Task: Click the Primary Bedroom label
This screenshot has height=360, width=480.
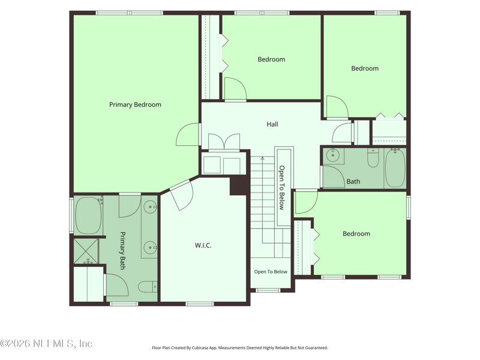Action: click(135, 104)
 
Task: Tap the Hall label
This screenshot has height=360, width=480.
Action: click(272, 124)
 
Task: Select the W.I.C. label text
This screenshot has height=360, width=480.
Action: click(203, 245)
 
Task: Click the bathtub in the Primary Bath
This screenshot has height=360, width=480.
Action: click(88, 215)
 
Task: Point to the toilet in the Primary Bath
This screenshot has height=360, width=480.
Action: click(148, 287)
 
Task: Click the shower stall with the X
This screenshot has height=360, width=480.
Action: click(86, 251)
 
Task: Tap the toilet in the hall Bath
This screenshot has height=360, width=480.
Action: click(373, 158)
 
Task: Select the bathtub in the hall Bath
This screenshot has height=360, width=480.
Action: click(395, 168)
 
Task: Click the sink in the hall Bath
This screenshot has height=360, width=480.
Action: click(332, 155)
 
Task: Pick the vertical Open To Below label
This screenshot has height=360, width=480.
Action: click(281, 188)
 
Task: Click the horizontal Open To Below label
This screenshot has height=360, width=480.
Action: click(271, 272)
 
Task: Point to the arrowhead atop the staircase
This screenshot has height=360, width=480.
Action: click(262, 158)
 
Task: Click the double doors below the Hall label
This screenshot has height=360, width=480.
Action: click(224, 142)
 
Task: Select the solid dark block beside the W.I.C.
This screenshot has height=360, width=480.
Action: click(238, 185)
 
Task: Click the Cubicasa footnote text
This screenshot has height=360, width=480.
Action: click(239, 348)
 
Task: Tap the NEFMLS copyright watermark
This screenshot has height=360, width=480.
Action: click(46, 343)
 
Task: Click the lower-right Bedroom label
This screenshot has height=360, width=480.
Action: click(356, 234)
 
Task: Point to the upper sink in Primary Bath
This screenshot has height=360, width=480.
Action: click(151, 207)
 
